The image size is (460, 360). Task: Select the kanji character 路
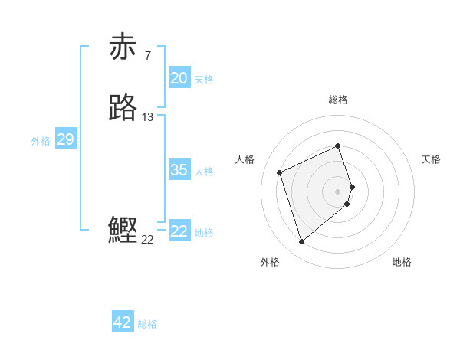(123, 109)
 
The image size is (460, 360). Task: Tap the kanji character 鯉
(123, 231)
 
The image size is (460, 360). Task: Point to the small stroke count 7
(147, 55)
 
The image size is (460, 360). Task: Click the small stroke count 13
(148, 117)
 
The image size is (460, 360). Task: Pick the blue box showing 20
(179, 78)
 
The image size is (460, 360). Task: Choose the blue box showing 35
(179, 170)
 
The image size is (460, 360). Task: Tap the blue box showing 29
(65, 139)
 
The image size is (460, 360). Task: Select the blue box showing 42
(123, 322)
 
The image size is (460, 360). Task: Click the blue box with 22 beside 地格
(179, 231)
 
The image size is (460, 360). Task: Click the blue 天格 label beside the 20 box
(204, 80)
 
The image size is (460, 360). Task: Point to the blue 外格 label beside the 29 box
(41, 141)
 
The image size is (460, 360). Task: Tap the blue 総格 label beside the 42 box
(147, 324)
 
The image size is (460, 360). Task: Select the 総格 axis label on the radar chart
(338, 100)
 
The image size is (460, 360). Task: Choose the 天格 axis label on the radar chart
(431, 159)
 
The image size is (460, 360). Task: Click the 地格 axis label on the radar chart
(402, 262)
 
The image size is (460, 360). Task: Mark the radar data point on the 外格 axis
(301, 242)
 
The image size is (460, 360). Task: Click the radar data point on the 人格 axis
(281, 172)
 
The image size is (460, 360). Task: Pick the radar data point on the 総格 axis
(338, 146)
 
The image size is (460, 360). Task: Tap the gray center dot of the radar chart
(338, 191)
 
